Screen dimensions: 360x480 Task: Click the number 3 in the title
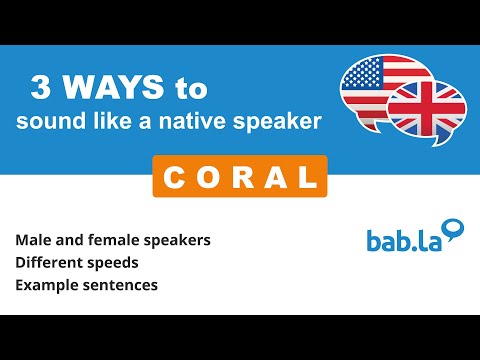coord(42,89)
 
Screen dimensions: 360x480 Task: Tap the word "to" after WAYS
coord(188,89)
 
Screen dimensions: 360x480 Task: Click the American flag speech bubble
coord(377,84)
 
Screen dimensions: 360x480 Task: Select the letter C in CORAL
coord(171,177)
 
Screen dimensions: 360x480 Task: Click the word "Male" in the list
coord(33,242)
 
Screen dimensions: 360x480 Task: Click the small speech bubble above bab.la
coord(455,229)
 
